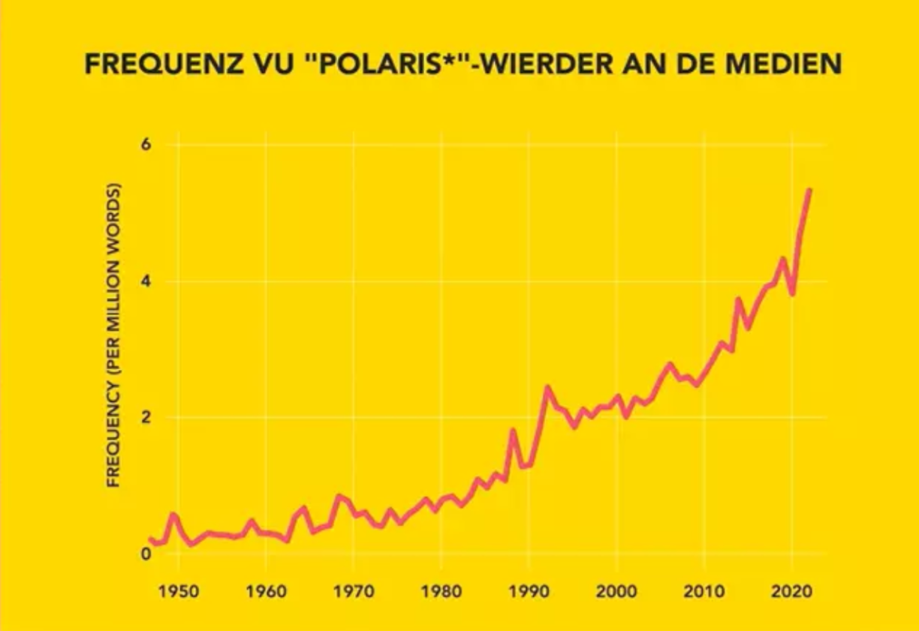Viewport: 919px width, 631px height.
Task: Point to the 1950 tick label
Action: [x=179, y=591]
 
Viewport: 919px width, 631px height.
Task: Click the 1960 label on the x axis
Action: [x=266, y=591]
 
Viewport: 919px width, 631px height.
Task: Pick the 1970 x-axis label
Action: [x=354, y=591]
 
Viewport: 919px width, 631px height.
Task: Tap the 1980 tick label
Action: [x=441, y=591]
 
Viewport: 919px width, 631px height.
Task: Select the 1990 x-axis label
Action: [x=529, y=591]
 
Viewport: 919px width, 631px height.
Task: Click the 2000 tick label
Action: [x=616, y=591]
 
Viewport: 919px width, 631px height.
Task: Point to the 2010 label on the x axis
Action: [x=704, y=591]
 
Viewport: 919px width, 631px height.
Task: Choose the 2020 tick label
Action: [x=792, y=591]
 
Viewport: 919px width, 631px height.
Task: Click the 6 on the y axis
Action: [x=146, y=145]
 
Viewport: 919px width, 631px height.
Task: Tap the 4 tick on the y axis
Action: [x=146, y=282]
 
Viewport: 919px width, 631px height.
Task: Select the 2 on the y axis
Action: [x=146, y=418]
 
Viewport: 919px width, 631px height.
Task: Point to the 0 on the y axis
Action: [x=146, y=554]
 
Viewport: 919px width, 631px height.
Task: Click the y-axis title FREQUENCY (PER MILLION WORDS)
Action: [x=113, y=335]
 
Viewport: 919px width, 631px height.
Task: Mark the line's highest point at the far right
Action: [x=809, y=190]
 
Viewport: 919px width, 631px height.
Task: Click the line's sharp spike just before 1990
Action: [x=512, y=431]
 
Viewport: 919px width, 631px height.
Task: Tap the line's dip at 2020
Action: [x=792, y=293]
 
